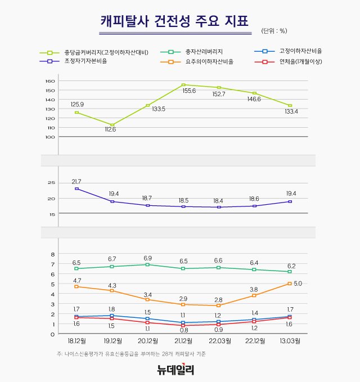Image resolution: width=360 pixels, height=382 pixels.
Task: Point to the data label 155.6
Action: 189,91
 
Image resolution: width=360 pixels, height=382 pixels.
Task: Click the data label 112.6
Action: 112,130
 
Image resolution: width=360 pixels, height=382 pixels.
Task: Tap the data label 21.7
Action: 76,181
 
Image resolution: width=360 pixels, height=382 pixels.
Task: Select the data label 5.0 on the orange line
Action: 298,284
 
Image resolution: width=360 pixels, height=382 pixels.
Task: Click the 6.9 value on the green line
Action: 148,257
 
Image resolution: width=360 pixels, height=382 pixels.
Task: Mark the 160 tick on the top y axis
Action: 50,81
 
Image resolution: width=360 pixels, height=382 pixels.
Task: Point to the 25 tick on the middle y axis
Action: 51,183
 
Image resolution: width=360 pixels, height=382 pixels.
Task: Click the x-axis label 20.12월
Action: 148,341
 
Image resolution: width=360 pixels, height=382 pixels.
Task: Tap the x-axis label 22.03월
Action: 219,341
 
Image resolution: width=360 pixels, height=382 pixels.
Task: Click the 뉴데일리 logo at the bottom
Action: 175,370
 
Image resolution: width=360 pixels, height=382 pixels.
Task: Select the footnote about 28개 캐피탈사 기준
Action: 131,354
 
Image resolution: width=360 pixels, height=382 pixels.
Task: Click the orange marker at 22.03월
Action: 219,305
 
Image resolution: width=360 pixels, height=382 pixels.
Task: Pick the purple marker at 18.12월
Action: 76,188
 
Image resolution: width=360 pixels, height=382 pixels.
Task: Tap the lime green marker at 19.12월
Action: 112,125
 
